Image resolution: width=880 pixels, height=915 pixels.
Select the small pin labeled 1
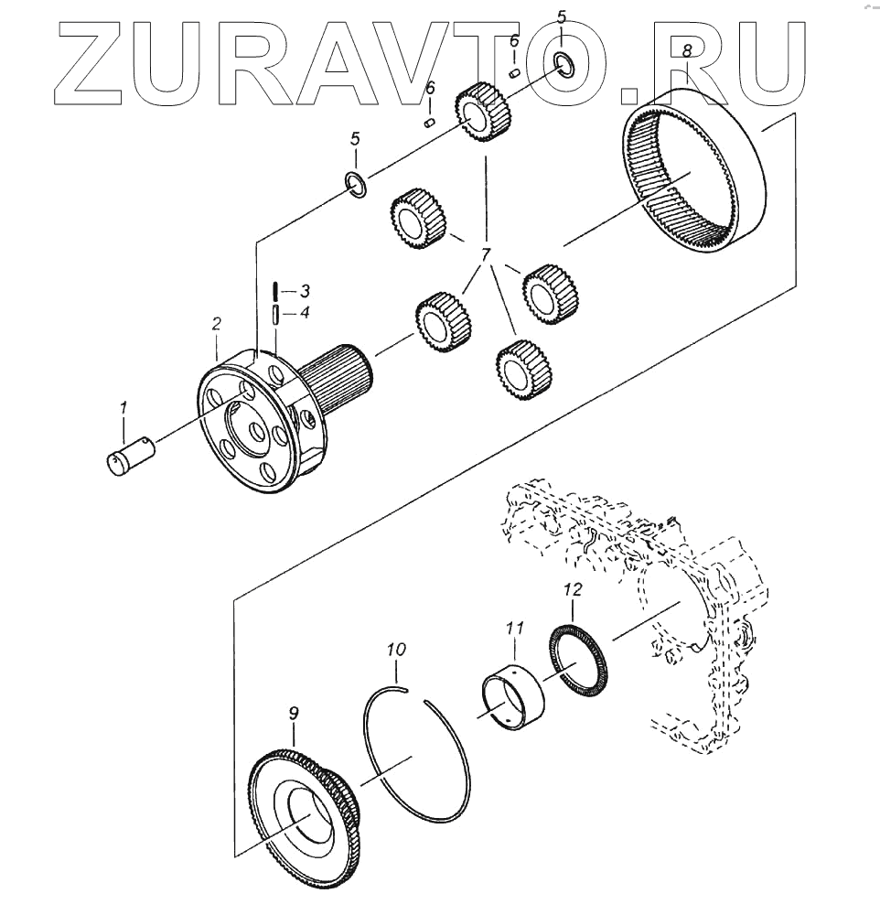point(130,455)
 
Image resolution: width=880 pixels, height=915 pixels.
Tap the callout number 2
point(217,323)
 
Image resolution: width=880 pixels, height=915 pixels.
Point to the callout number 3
point(305,291)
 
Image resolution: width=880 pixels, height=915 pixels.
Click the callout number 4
point(305,313)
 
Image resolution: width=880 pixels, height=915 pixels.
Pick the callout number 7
point(485,254)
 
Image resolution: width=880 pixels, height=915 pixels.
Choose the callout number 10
point(395,651)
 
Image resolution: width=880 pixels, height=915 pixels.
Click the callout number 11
point(515,628)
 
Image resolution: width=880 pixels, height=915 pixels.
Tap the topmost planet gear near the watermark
point(482,111)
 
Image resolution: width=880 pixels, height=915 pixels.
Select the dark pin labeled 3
point(274,291)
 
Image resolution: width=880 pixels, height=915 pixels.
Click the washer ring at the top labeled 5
point(563,63)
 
